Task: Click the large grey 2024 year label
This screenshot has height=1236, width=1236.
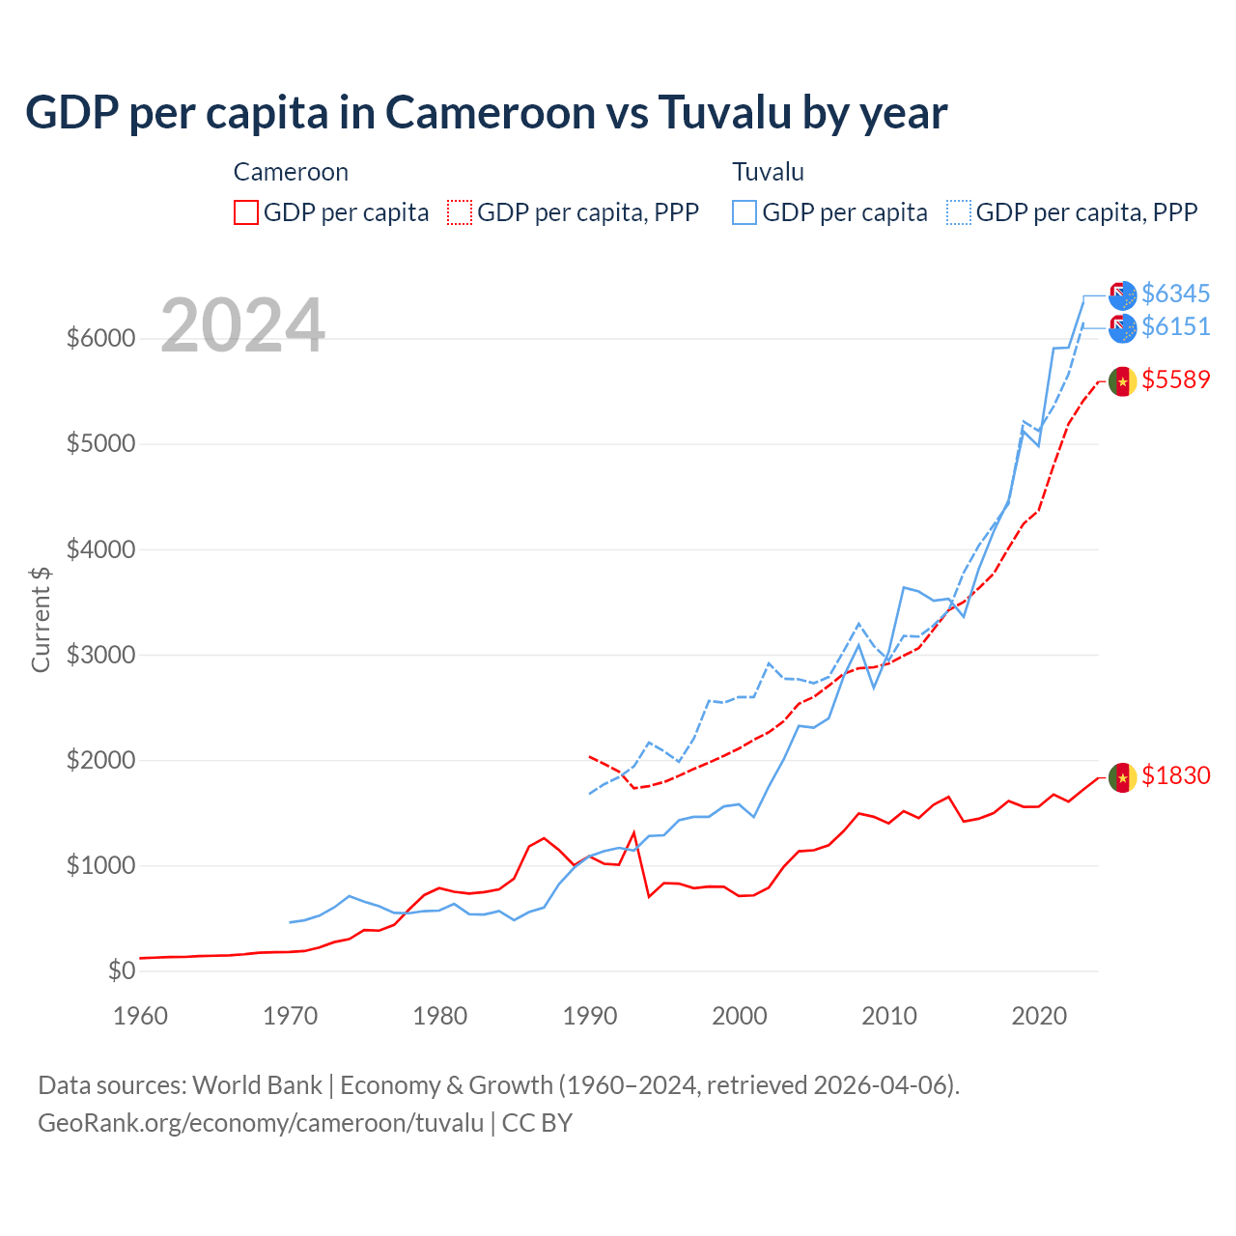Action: (x=242, y=326)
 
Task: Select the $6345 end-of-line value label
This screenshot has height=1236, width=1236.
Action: (x=1175, y=294)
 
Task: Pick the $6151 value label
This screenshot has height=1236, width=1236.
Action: (x=1175, y=327)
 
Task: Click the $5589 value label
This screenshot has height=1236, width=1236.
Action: (x=1175, y=380)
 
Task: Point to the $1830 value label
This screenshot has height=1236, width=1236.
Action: (x=1175, y=776)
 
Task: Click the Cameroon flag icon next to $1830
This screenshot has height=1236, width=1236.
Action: (x=1122, y=777)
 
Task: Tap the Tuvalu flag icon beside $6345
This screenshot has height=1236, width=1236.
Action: (x=1122, y=295)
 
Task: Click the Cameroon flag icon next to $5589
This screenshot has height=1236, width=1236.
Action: (x=1122, y=381)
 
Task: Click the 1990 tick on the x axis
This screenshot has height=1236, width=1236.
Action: (x=589, y=1016)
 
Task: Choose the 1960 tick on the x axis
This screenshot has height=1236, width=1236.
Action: (x=141, y=1016)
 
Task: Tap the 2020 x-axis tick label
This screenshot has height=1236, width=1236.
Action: (x=1038, y=1016)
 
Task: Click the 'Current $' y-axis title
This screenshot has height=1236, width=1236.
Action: (x=41, y=619)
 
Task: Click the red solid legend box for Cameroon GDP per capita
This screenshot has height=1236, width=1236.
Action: (x=246, y=212)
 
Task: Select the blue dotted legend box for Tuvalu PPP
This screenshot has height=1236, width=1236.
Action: (x=959, y=212)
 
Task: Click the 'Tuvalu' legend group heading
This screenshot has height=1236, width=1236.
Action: (x=768, y=172)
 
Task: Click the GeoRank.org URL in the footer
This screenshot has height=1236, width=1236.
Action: (x=261, y=1123)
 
